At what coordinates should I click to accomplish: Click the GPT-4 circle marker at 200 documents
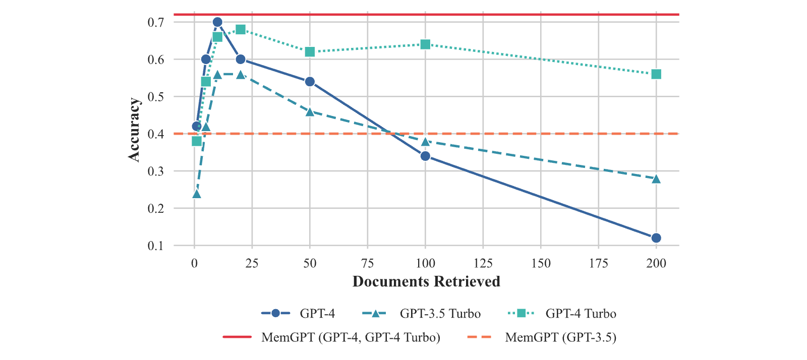[x=656, y=238]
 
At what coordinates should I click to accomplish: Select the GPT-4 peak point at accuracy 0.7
[x=217, y=22]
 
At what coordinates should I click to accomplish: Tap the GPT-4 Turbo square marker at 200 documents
[x=656, y=74]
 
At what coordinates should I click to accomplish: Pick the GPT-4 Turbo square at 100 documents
[x=425, y=44]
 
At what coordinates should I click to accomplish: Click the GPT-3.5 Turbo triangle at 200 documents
[x=656, y=179]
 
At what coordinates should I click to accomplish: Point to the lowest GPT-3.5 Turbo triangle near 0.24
[x=196, y=194]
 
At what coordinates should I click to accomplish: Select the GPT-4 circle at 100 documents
[x=425, y=156]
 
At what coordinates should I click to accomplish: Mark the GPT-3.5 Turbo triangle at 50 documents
[x=310, y=112]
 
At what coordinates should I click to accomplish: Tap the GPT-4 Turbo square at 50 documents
[x=310, y=52]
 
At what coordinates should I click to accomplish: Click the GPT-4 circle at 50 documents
[x=310, y=82]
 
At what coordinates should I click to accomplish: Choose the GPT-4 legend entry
[x=298, y=314]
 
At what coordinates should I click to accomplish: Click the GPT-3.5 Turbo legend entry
[x=421, y=314]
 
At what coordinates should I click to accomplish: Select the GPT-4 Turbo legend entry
[x=562, y=314]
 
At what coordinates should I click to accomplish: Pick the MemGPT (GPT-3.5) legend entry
[x=542, y=337]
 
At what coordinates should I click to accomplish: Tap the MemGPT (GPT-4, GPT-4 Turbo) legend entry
[x=331, y=337]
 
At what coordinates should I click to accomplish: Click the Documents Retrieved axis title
[x=426, y=281]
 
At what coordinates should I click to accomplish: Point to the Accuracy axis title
[x=134, y=130]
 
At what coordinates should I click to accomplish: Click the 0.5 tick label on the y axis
[x=156, y=97]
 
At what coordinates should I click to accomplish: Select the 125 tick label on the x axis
[x=483, y=264]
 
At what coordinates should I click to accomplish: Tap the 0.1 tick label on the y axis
[x=156, y=246]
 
